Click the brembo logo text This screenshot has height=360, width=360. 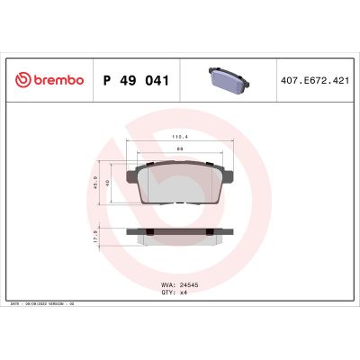point(58,79)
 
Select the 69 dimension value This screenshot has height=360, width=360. point(180,148)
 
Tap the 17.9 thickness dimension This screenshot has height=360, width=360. point(96,238)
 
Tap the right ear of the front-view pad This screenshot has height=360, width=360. point(228,175)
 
